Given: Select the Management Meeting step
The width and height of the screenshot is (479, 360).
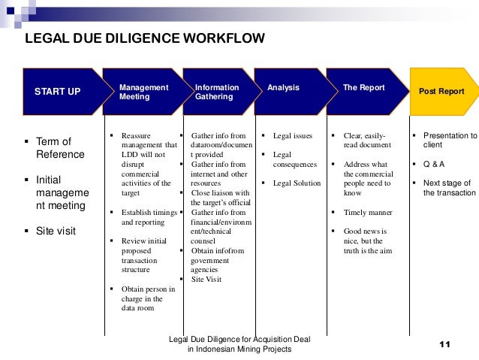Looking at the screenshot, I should [x=143, y=92].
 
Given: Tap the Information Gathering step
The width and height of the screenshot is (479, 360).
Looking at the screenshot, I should [x=218, y=92].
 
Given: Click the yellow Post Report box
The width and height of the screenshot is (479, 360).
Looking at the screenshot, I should [x=442, y=92].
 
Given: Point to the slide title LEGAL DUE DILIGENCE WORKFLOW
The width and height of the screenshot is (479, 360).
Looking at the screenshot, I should [x=145, y=39].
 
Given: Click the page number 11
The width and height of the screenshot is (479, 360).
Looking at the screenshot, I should [x=443, y=344].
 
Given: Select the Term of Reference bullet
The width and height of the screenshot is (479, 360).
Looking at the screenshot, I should [x=59, y=148].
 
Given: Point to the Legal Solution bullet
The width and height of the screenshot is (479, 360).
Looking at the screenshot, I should [x=297, y=183].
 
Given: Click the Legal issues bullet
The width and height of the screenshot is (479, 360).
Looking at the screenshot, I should [x=292, y=135].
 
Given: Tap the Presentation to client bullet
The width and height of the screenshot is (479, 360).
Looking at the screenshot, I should [x=449, y=140].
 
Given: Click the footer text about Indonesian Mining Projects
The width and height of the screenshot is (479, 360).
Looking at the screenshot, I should [x=239, y=345].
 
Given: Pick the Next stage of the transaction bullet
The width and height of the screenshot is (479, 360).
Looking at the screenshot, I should [x=447, y=187].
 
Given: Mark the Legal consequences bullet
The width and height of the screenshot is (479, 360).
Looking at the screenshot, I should [x=294, y=159].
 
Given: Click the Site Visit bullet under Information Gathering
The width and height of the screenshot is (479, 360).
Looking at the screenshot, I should [x=206, y=279].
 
